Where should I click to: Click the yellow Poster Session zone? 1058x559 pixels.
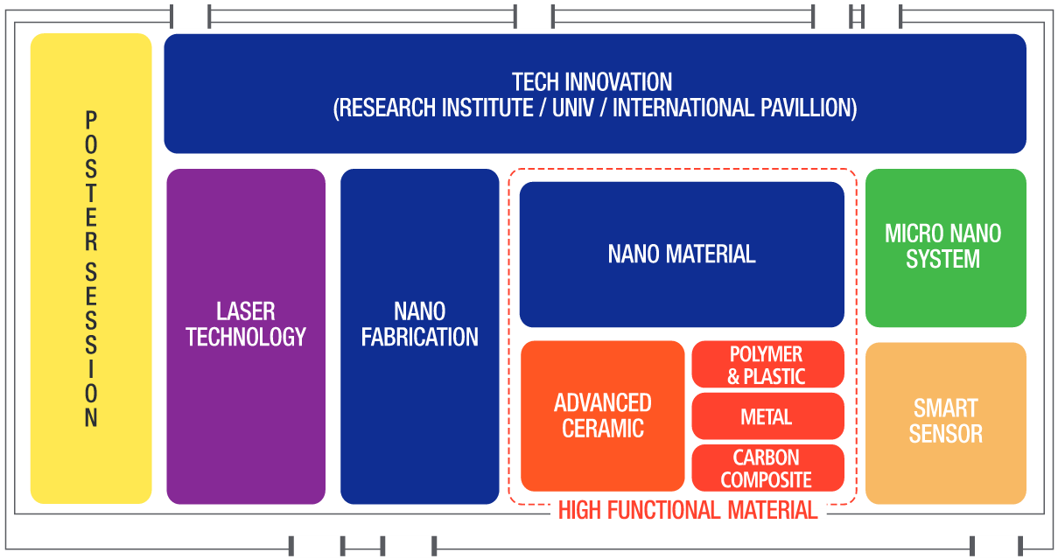click(x=91, y=269)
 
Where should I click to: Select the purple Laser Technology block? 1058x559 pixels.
click(x=246, y=336)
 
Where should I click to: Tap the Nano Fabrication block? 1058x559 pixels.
click(x=420, y=336)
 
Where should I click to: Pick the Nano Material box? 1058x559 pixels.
click(x=682, y=255)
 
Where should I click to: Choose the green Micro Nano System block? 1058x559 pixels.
click(x=946, y=248)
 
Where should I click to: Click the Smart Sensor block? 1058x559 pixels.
click(x=946, y=423)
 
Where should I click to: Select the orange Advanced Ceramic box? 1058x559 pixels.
click(x=603, y=416)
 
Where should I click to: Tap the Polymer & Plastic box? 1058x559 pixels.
click(x=768, y=365)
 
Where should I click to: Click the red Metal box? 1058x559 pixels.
click(x=768, y=416)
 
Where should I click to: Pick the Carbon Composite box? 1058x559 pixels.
click(x=768, y=468)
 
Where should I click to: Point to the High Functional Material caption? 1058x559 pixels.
click(x=688, y=510)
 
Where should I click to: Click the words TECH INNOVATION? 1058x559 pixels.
click(x=592, y=82)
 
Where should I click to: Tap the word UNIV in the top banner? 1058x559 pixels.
click(x=573, y=108)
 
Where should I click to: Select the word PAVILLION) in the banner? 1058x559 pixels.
click(x=809, y=108)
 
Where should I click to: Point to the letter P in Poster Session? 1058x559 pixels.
click(x=91, y=120)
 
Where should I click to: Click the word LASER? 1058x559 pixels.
click(x=246, y=311)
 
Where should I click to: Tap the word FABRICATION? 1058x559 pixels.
click(x=420, y=337)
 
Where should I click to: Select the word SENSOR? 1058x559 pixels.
click(x=946, y=434)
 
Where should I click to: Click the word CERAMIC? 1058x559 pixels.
click(x=603, y=429)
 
